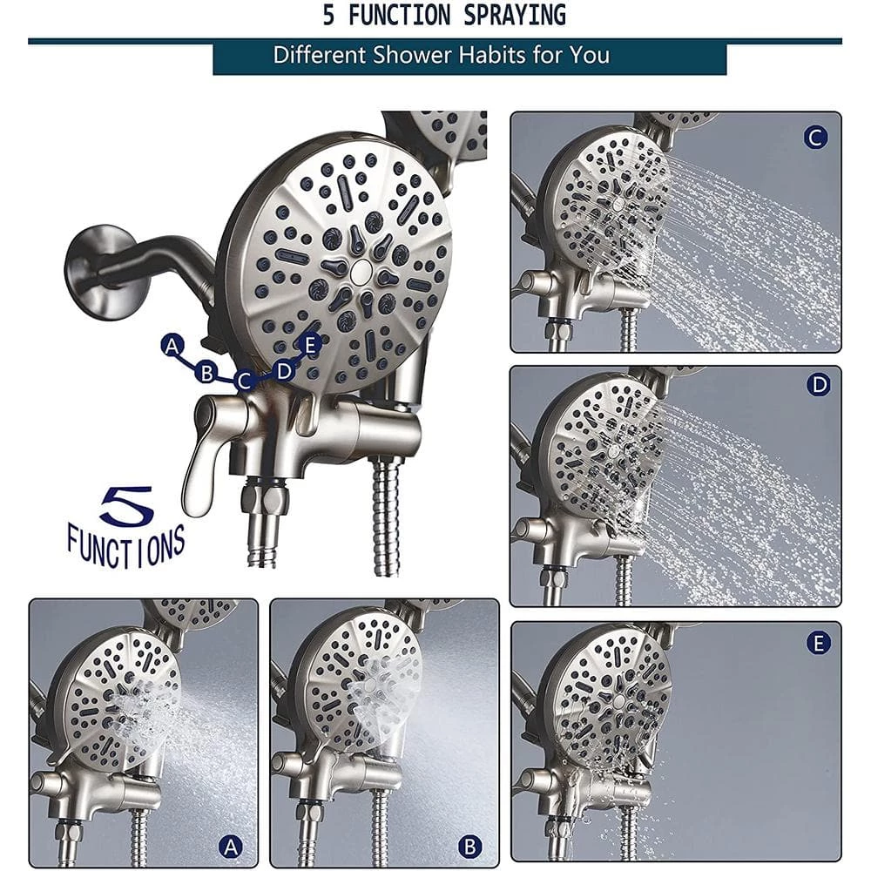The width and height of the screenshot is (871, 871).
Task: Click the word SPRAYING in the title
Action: [x=515, y=15]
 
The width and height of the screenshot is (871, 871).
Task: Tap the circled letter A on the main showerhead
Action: [x=172, y=346]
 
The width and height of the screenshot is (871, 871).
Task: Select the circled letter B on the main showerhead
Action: [x=206, y=372]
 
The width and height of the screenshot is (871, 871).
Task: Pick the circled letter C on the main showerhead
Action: [x=245, y=381]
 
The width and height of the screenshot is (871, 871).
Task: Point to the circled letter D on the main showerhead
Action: [x=284, y=370]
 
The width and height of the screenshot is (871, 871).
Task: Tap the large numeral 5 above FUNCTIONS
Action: [x=127, y=505]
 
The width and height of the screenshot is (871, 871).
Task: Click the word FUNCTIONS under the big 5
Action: [x=126, y=546]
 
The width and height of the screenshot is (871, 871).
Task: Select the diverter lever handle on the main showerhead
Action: [x=204, y=450]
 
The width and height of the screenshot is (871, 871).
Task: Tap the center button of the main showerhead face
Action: [x=361, y=271]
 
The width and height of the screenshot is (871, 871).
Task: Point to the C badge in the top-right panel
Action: [x=815, y=138]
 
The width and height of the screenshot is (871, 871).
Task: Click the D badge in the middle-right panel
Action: [x=819, y=384]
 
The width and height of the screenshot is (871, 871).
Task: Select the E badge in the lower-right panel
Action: [x=818, y=644]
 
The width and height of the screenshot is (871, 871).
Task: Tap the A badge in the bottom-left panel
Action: [x=231, y=847]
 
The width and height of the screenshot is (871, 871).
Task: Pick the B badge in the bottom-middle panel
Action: [x=470, y=847]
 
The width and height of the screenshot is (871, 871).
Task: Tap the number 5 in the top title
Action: [x=329, y=15]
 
